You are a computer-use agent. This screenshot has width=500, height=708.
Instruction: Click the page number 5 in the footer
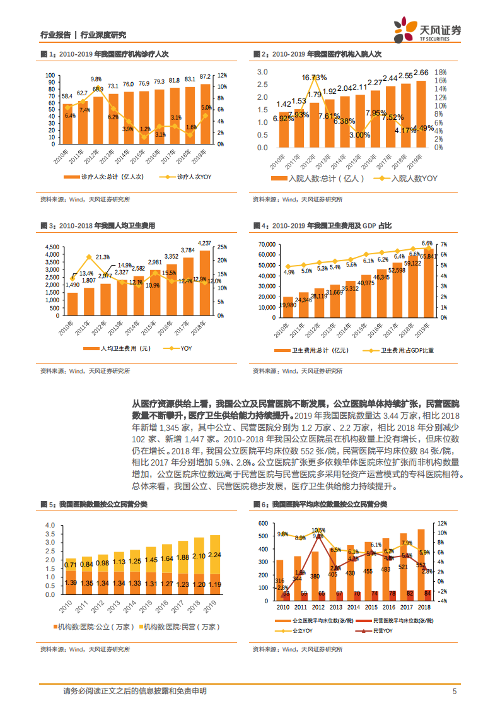454,691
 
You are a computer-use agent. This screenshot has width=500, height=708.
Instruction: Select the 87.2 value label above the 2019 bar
206,77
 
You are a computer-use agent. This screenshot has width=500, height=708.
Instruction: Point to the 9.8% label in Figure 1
96,80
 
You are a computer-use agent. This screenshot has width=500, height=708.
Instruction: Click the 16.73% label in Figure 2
314,77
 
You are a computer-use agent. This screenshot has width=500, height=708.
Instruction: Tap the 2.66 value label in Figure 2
421,73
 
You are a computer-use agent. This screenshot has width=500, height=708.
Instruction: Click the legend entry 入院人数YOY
407,179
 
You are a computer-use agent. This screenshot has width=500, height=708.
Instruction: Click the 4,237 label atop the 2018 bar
205,243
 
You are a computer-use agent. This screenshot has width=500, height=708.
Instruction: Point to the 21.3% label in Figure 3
103,257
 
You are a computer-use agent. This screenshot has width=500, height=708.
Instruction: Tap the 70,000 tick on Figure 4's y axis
267,244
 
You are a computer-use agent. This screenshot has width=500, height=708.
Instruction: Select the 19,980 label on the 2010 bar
288,305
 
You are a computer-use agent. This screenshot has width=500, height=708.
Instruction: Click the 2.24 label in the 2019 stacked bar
215,555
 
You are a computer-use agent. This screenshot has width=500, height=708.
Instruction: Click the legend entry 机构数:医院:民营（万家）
181,626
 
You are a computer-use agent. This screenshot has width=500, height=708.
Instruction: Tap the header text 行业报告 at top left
54,35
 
